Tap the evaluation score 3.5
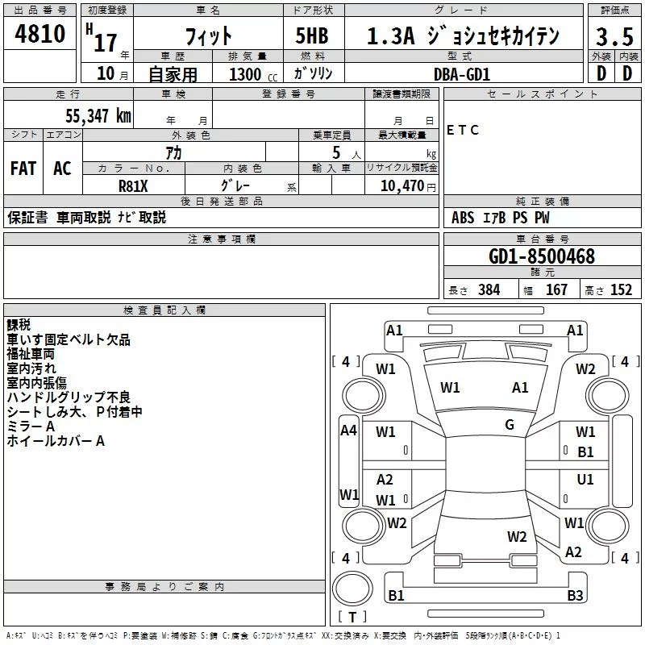[614, 36]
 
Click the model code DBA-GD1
[461, 73]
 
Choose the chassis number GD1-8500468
[542, 256]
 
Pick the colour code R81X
[134, 186]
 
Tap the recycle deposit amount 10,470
[401, 186]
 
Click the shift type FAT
[23, 168]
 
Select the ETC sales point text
[463, 130]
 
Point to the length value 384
[489, 290]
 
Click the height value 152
[621, 290]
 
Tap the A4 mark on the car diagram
[348, 431]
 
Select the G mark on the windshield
[510, 425]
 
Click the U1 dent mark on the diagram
[585, 479]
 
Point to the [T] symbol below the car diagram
[352, 617]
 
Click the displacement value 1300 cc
[248, 74]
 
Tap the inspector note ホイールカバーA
[56, 441]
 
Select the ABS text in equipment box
[463, 218]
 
